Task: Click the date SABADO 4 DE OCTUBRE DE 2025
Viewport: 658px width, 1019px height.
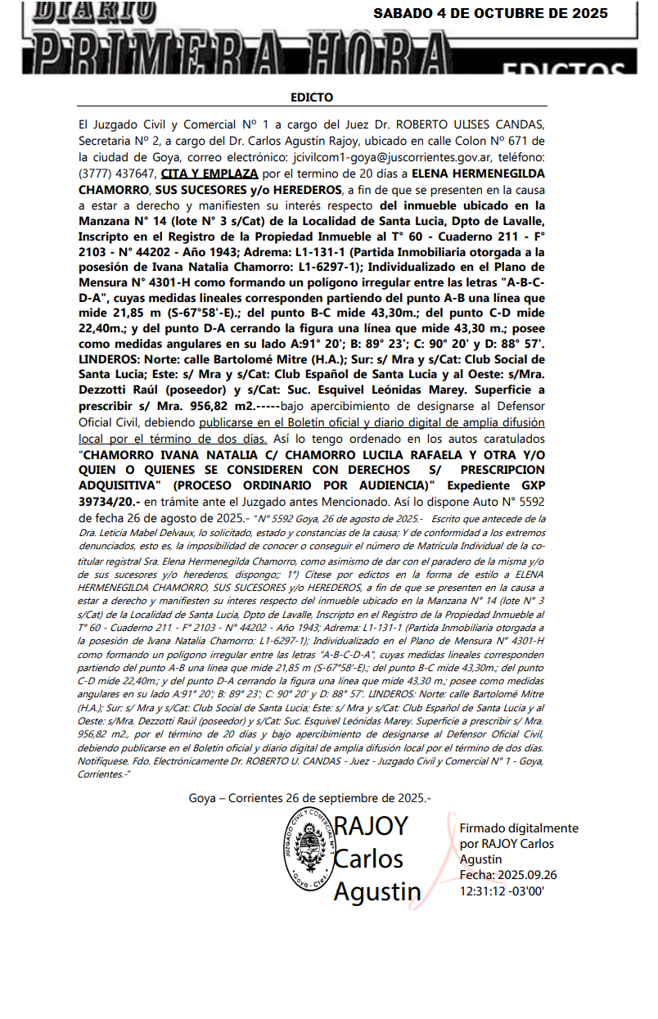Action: click(x=490, y=13)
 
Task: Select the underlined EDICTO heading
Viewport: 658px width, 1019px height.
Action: click(x=312, y=97)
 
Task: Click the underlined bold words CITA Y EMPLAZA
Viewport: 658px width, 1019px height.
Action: click(x=210, y=174)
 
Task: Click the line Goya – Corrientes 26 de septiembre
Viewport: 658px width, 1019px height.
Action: click(x=309, y=797)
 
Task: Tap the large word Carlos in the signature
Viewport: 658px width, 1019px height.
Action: click(x=368, y=859)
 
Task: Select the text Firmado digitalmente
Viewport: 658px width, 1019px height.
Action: click(x=519, y=828)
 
